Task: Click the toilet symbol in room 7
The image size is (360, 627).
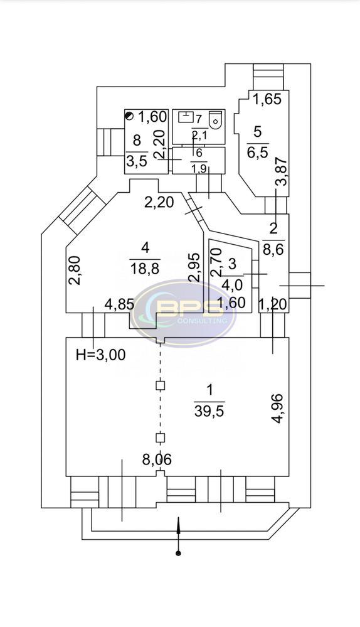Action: pyautogui.click(x=215, y=119)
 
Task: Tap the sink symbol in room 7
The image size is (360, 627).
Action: pyautogui.click(x=184, y=117)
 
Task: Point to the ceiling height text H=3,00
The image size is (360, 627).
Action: pyautogui.click(x=101, y=354)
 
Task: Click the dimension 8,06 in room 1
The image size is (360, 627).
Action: pyautogui.click(x=157, y=460)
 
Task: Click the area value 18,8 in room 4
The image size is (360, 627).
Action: pyautogui.click(x=145, y=268)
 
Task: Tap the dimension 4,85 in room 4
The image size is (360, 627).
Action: pyautogui.click(x=119, y=304)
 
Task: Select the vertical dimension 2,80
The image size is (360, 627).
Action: pyautogui.click(x=75, y=271)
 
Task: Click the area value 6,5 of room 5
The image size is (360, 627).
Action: pyautogui.click(x=258, y=153)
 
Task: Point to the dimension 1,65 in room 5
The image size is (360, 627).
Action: pyautogui.click(x=268, y=99)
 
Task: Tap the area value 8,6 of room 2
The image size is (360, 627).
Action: pyautogui.click(x=273, y=250)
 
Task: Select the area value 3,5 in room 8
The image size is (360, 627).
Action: pyautogui.click(x=137, y=161)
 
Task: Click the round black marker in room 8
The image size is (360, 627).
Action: pyautogui.click(x=129, y=116)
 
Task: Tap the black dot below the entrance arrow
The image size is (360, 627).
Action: pyautogui.click(x=178, y=554)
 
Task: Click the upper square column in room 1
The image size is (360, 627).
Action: pyautogui.click(x=160, y=385)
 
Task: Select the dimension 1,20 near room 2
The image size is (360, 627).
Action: pyautogui.click(x=273, y=304)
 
